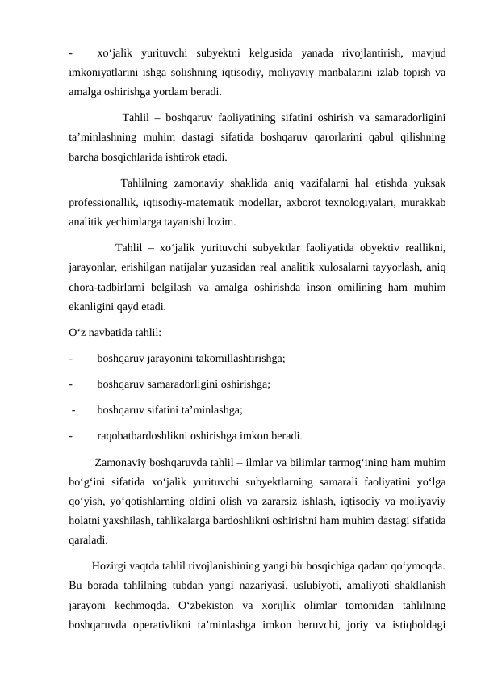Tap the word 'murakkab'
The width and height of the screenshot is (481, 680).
[423, 202]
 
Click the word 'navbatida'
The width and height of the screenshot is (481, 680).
[111, 332]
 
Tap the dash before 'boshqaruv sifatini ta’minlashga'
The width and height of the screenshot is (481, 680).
[73, 410]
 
